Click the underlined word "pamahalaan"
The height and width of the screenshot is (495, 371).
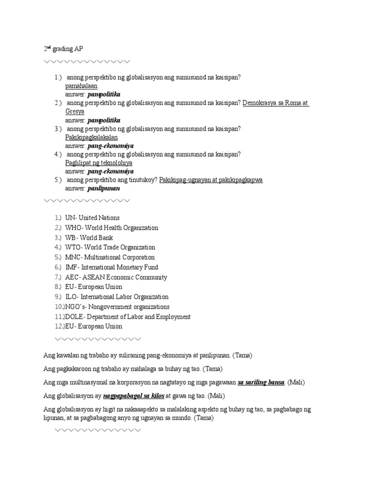coord(81,86)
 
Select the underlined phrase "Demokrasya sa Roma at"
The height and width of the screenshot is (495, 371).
coord(276,103)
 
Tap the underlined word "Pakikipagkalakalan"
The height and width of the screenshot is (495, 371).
coord(91,137)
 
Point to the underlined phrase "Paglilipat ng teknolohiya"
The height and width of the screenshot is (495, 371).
coord(99,163)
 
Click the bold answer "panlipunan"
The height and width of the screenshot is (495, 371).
coord(103,189)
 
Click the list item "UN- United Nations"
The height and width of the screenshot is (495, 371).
coord(92,218)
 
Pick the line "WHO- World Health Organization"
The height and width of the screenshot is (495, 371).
coord(112,228)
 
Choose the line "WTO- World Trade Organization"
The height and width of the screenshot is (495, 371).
coord(110,247)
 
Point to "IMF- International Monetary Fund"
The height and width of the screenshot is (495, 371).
coord(112,267)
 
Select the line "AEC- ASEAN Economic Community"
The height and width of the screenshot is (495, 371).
coord(116,277)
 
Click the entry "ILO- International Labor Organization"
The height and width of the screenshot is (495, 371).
coord(117,297)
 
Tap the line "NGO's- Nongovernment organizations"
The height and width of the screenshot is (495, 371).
coord(117,307)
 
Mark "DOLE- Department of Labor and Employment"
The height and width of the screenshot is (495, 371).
coord(128,317)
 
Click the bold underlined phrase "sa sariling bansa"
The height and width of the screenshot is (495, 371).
coord(261,382)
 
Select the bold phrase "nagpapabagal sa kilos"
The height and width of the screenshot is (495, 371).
coord(133,395)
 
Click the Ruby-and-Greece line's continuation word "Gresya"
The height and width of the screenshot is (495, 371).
coord(75,112)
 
